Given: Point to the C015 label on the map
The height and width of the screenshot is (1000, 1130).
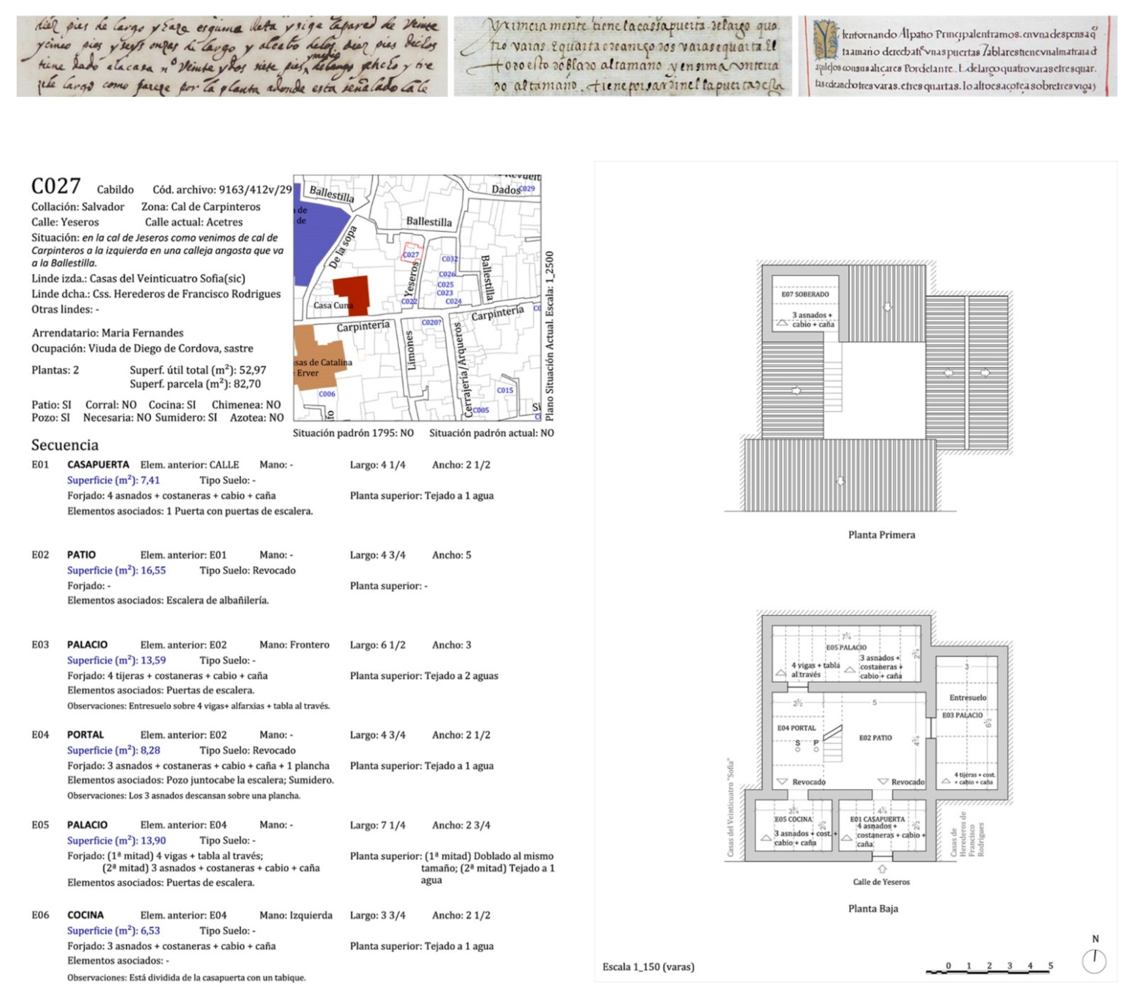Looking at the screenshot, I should click(505, 390).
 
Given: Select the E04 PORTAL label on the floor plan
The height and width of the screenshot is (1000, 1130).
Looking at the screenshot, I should click(796, 728).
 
